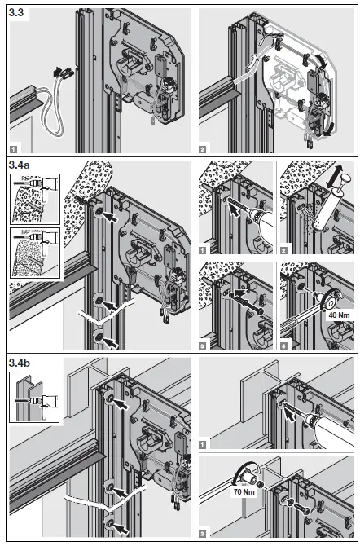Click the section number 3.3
[x=18, y=14]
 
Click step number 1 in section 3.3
[x=13, y=149]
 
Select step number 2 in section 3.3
[x=202, y=149]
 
